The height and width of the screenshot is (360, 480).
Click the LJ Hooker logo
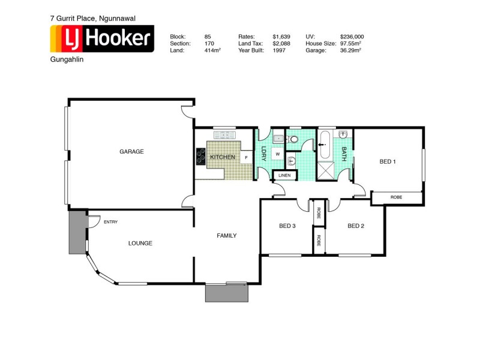(101, 40)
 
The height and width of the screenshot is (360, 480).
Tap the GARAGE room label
(131, 152)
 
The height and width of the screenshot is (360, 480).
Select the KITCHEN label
(222, 157)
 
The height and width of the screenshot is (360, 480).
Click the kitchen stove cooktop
(200, 157)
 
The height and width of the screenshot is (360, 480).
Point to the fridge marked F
(245, 158)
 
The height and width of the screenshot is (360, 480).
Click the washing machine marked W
(278, 154)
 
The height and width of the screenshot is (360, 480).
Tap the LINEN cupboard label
(284, 175)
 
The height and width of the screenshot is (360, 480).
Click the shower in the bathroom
(327, 170)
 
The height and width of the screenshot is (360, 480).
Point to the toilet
(293, 139)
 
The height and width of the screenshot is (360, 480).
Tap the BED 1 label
(388, 161)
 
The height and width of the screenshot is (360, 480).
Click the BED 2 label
(356, 226)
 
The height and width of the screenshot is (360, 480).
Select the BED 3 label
(287, 226)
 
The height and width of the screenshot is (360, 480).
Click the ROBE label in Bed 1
(396, 197)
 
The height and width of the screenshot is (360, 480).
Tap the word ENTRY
(110, 222)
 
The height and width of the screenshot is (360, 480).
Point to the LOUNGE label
(140, 243)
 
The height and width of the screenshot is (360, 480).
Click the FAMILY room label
(226, 236)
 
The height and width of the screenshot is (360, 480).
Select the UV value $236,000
(352, 36)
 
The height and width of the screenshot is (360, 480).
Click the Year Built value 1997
(278, 50)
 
